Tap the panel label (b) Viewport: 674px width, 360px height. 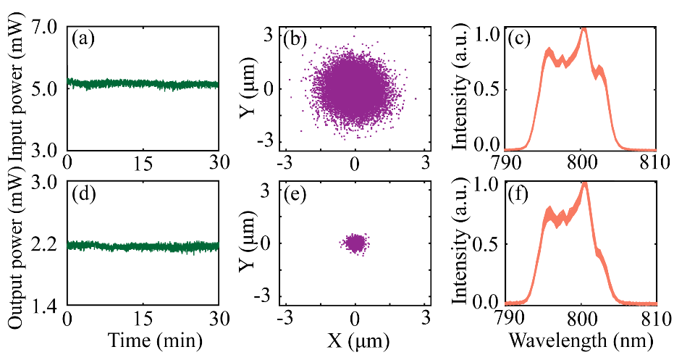[x=295, y=40]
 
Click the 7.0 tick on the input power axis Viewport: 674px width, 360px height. [x=46, y=29]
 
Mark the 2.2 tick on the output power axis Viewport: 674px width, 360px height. [x=46, y=246]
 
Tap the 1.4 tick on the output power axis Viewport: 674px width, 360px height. [x=46, y=309]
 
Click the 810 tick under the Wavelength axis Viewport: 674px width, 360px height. [x=655, y=320]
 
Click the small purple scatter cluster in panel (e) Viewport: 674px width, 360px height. [x=355, y=243]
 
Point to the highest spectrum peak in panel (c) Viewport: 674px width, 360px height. [x=584, y=30]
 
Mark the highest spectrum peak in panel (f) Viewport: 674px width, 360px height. [x=584, y=185]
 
